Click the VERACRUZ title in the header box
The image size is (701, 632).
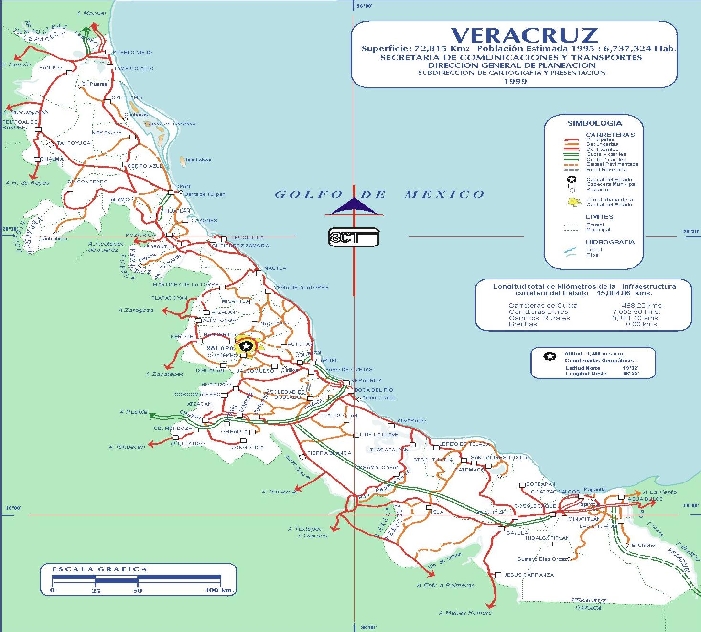pyautogui.click(x=524, y=35)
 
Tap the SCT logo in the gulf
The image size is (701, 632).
pyautogui.click(x=354, y=237)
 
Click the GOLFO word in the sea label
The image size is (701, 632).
pyautogui.click(x=309, y=194)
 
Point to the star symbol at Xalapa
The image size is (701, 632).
pyautogui.click(x=246, y=345)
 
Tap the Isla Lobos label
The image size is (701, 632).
pyautogui.click(x=198, y=160)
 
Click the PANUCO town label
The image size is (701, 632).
pyautogui.click(x=51, y=67)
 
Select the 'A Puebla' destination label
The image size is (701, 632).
pyautogui.click(x=133, y=412)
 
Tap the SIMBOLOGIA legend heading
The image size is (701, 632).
pyautogui.click(x=594, y=123)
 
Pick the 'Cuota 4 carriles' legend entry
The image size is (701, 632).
pyautogui.click(x=606, y=154)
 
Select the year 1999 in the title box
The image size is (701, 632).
pyautogui.click(x=515, y=81)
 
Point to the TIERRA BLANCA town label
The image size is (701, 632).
pyautogui.click(x=329, y=453)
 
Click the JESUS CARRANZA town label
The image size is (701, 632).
pyautogui.click(x=529, y=575)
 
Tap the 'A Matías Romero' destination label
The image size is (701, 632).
pyautogui.click(x=465, y=613)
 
